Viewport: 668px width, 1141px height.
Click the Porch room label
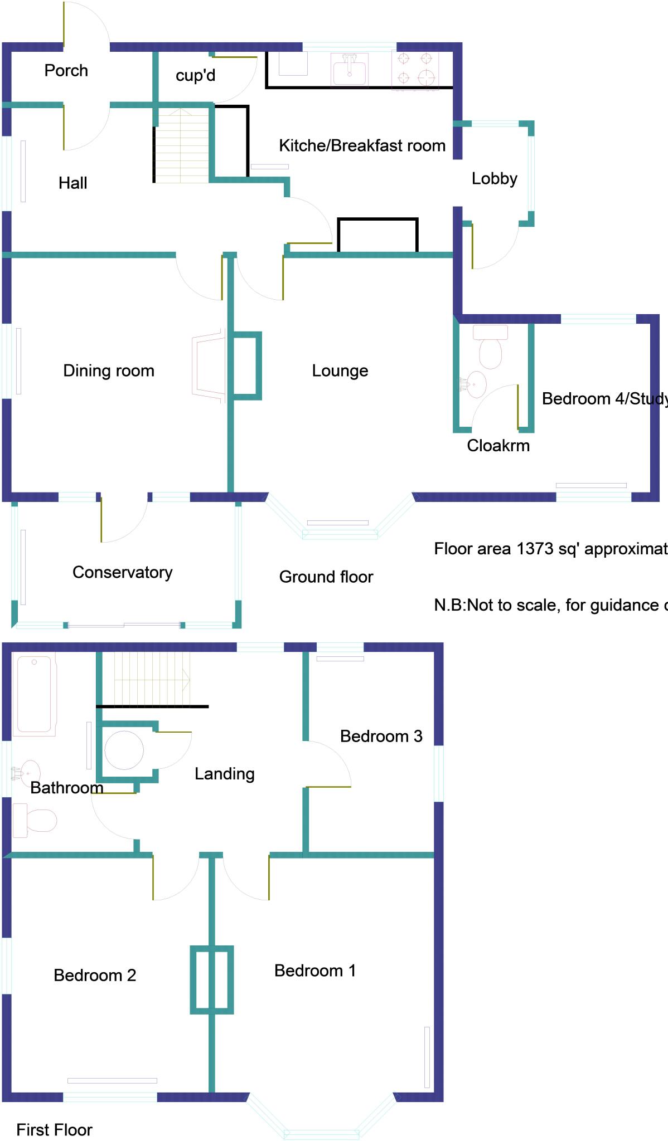[x=66, y=71]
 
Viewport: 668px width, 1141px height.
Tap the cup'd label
[x=195, y=75]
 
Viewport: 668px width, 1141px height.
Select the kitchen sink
[x=350, y=70]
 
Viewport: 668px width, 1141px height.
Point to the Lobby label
[x=494, y=179]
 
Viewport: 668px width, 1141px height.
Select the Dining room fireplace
[x=209, y=365]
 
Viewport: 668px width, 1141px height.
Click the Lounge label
[x=340, y=371]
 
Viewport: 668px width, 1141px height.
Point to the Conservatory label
[x=122, y=573]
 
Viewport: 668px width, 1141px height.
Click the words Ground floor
[x=326, y=577]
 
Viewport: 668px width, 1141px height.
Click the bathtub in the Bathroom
[x=35, y=694]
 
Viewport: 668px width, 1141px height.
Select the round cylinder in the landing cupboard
[x=124, y=750]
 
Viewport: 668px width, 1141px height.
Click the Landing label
[x=224, y=774]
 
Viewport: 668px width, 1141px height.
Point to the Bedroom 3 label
[x=381, y=737]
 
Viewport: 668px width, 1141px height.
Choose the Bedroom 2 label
[x=94, y=975]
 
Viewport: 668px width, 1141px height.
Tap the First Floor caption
[x=54, y=1130]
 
